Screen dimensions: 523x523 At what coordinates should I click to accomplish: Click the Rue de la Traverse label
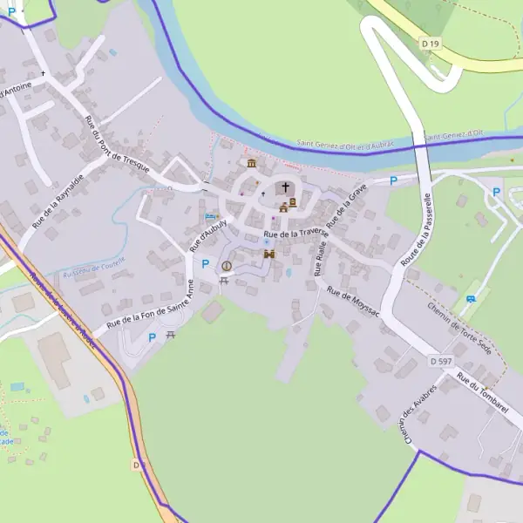295,234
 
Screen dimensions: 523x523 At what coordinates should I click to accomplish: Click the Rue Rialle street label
320,260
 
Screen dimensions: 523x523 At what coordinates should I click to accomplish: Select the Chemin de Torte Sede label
459,328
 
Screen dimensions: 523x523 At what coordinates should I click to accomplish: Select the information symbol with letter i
227,266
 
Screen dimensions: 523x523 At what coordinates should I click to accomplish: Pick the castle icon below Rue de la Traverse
269,254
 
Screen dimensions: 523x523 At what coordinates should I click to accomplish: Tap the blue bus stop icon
472,299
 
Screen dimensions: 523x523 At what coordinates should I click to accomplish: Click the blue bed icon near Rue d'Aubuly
208,215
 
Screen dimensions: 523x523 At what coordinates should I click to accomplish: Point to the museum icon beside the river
251,164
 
